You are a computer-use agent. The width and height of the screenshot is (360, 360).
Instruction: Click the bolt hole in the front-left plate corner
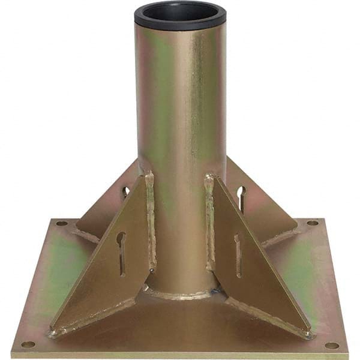[x=28, y=344]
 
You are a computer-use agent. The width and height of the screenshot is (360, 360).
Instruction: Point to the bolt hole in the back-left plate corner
[x=61, y=223]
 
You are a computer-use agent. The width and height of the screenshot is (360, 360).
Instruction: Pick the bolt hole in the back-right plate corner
[x=312, y=223]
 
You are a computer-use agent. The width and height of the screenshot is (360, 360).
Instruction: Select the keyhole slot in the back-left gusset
[x=125, y=193]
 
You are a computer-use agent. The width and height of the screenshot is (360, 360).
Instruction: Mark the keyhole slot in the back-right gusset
[x=241, y=197]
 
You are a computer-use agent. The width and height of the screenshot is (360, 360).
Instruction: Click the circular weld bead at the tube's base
[x=180, y=294]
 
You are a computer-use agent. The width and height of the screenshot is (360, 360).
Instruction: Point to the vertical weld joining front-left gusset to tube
[x=149, y=222]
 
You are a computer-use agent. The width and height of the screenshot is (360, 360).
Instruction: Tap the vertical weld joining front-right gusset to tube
[x=210, y=222]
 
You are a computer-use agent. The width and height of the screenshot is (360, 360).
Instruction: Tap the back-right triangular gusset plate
[x=264, y=204]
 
